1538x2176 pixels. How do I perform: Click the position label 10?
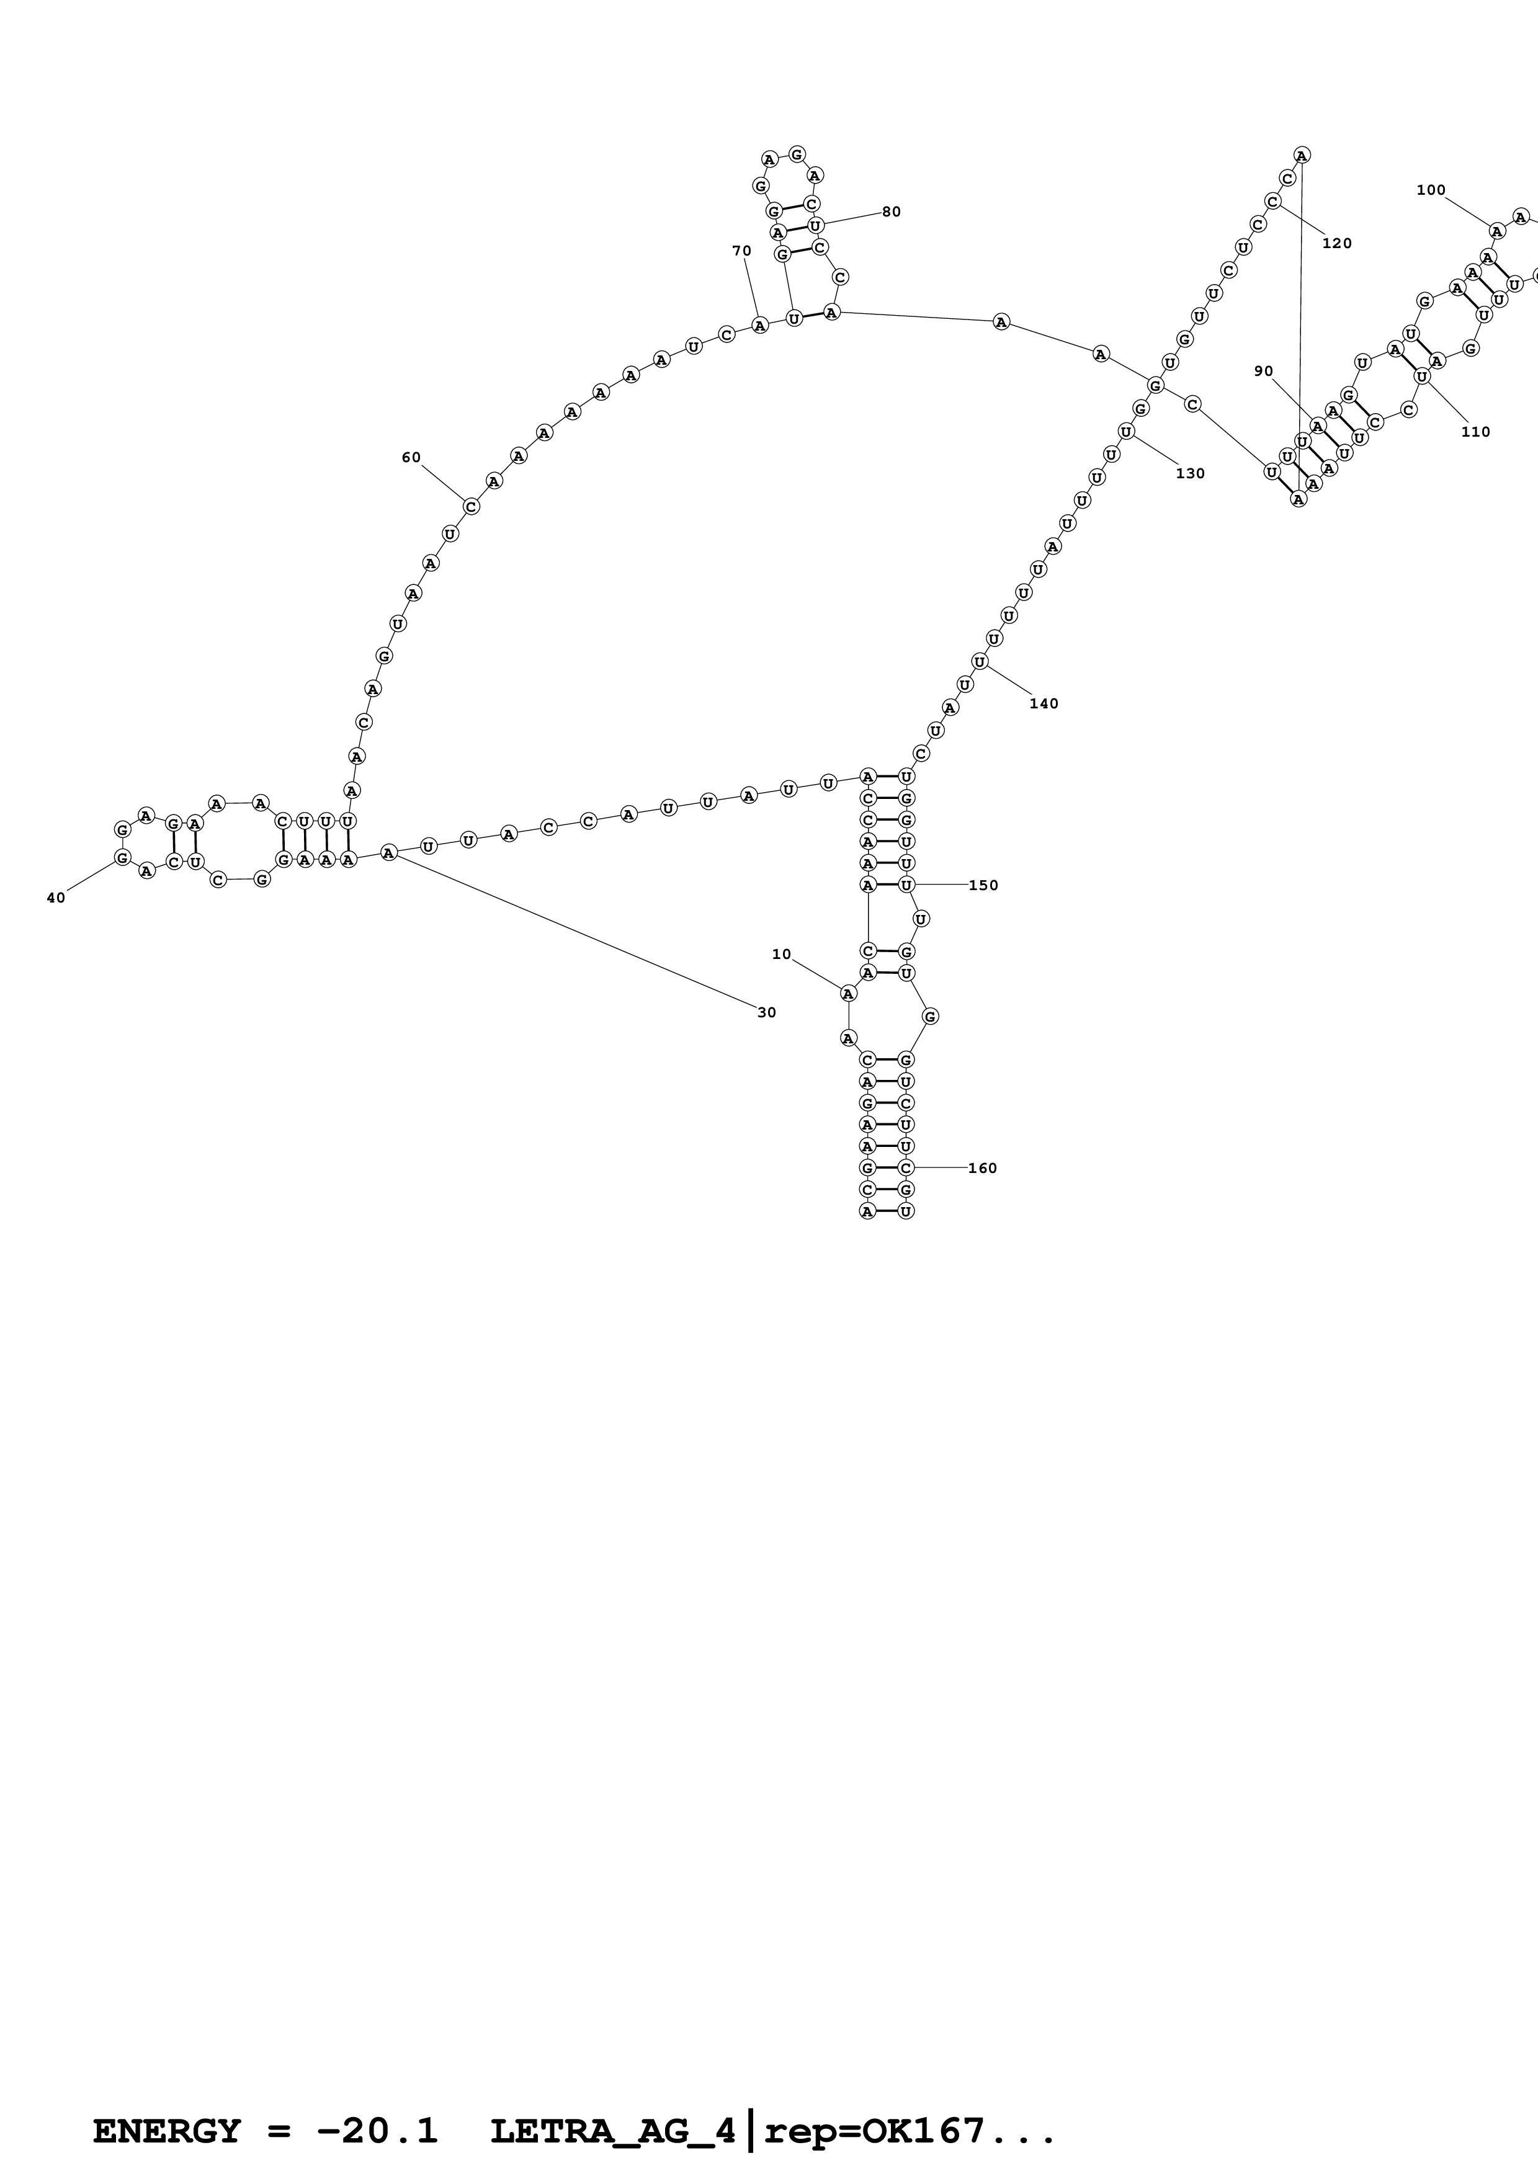point(781,955)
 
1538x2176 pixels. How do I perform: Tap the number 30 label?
point(767,1012)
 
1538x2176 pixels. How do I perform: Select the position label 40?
point(56,898)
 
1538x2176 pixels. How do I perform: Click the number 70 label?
point(741,251)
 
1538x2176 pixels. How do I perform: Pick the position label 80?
point(891,212)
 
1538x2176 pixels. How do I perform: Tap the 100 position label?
point(1430,190)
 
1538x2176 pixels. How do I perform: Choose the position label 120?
point(1336,244)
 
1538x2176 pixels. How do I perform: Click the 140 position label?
point(1044,703)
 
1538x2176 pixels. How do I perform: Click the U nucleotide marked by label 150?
point(906,885)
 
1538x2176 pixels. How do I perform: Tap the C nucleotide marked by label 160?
point(906,1167)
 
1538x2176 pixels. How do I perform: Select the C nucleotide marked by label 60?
point(471,506)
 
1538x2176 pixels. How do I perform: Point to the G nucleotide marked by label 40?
point(122,857)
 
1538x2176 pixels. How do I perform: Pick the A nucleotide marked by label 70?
point(759,325)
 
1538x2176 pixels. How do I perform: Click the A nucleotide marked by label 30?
point(388,853)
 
